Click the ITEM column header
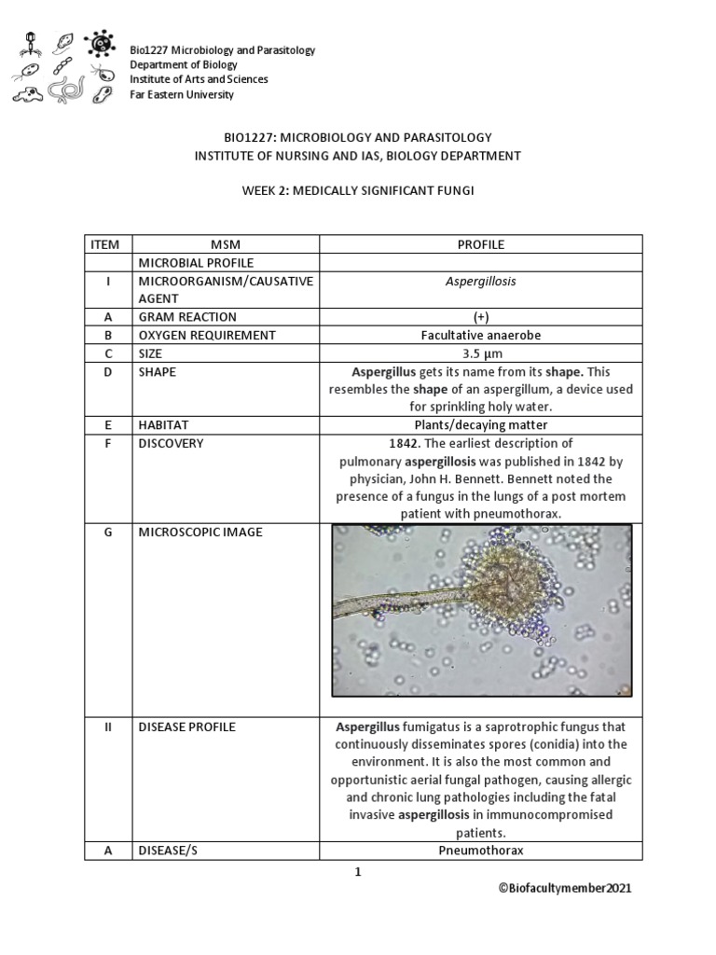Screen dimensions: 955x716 click(105, 244)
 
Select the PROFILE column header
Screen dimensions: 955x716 click(480, 244)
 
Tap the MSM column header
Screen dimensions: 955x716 click(226, 244)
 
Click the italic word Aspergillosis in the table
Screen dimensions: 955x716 click(480, 281)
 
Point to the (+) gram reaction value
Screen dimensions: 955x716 click(480, 317)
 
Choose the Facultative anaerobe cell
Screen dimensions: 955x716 click(480, 335)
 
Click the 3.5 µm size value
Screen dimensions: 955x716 click(480, 353)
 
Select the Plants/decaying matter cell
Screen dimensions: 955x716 click(480, 425)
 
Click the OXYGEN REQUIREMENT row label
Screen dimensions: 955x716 click(193, 335)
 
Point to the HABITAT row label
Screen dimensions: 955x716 click(162, 425)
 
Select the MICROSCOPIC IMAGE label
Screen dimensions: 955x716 click(200, 533)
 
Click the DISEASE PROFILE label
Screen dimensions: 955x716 click(186, 727)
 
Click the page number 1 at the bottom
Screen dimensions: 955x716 click(357, 873)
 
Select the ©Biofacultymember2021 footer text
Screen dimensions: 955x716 click(565, 889)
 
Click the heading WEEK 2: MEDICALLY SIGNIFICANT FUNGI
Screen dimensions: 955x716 click(358, 190)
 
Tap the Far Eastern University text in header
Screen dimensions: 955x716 click(182, 94)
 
